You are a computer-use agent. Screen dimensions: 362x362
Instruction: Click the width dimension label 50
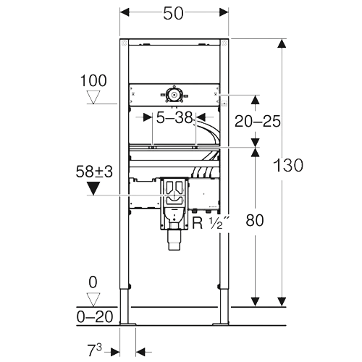(x=173, y=14)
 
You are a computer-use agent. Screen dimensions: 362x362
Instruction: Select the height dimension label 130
(x=288, y=165)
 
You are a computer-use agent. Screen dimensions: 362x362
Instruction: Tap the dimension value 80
(x=255, y=220)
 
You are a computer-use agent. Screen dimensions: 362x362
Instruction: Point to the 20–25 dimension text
(x=258, y=121)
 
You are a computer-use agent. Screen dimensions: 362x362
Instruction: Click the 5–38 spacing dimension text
(x=174, y=118)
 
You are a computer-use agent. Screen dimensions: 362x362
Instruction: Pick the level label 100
(x=93, y=80)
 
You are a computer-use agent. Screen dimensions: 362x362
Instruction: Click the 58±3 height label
(x=94, y=172)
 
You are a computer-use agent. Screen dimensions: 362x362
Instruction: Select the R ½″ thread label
(x=211, y=223)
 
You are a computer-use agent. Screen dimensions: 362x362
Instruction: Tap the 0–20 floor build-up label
(x=95, y=316)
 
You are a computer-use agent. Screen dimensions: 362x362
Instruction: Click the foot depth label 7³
(x=95, y=350)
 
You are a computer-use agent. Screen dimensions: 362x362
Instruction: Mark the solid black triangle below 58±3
(x=93, y=188)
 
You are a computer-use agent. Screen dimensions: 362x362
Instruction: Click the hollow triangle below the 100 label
(x=93, y=97)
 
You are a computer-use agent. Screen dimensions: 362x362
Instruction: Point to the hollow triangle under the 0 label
(x=93, y=300)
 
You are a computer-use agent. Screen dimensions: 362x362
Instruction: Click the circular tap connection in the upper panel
(x=174, y=95)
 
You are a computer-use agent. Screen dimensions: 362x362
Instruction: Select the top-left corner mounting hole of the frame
(x=125, y=43)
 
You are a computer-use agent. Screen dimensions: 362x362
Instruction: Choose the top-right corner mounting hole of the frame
(x=224, y=43)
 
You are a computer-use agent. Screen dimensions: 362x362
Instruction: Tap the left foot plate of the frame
(x=128, y=324)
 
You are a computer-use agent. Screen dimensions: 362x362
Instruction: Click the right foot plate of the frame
(x=220, y=324)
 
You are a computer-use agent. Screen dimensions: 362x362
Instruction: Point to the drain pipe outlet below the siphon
(x=174, y=242)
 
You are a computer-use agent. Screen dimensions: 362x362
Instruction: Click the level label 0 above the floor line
(x=93, y=282)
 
